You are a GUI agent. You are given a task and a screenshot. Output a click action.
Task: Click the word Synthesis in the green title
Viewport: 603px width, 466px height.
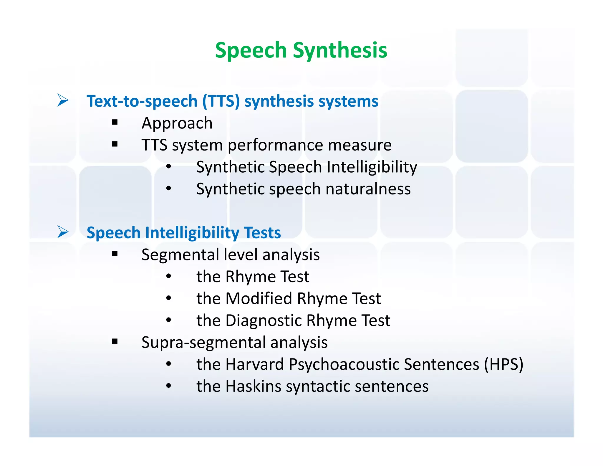pos(340,50)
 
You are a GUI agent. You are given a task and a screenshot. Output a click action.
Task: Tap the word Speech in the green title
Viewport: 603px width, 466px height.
pos(251,50)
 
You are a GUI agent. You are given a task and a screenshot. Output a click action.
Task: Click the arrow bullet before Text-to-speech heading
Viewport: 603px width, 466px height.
pos(63,100)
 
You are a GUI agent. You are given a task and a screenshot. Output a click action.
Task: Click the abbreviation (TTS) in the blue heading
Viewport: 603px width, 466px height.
pos(221,101)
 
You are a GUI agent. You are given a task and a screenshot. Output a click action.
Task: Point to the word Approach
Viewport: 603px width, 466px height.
pos(177,123)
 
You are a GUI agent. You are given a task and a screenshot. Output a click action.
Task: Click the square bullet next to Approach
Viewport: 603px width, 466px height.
pos(115,122)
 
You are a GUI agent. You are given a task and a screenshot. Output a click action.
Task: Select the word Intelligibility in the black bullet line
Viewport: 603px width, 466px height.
pos(372,167)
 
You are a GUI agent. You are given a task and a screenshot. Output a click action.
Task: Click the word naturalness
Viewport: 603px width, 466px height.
pos(368,189)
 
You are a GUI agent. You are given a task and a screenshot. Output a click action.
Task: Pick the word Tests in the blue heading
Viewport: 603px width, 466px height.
pos(263,233)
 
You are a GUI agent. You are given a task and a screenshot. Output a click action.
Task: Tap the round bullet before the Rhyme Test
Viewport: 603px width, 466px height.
pos(168,276)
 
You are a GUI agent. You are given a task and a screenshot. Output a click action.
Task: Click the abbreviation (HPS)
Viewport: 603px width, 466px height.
pos(504,364)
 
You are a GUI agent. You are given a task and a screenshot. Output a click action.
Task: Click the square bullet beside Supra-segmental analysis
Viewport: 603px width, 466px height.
pos(115,341)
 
